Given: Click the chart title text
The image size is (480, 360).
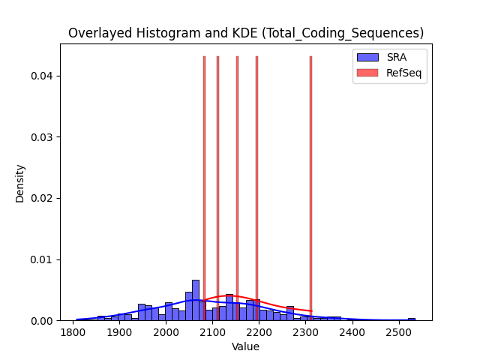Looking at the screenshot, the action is click(246, 33).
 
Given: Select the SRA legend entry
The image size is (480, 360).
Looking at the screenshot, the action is click(382, 57).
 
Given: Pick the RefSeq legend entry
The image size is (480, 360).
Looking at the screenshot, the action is click(389, 73).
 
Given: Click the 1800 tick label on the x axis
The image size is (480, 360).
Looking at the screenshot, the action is click(73, 332).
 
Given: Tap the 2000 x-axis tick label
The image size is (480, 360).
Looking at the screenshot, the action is click(166, 332).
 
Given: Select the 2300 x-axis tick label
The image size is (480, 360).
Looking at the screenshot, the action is click(305, 332).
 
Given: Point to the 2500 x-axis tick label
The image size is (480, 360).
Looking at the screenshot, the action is click(399, 332).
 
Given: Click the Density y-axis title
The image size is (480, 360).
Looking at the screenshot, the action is click(20, 184).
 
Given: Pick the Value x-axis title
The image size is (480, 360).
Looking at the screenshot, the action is click(245, 346).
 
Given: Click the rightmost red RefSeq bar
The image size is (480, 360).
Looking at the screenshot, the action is click(310, 188).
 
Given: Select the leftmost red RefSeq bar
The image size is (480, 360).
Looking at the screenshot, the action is click(204, 188).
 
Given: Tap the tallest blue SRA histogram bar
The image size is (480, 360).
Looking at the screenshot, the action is click(196, 300).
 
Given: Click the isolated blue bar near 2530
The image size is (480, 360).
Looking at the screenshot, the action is click(412, 319).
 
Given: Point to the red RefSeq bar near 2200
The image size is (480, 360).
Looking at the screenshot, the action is click(256, 188).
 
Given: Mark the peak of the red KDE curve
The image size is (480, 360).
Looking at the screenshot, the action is click(228, 295).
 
